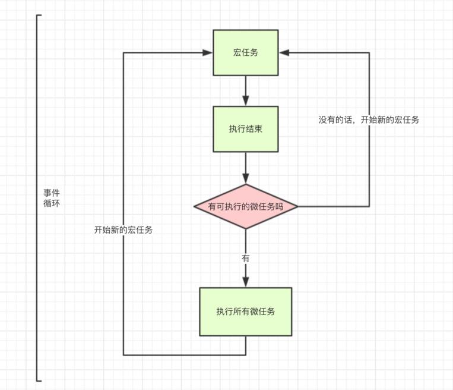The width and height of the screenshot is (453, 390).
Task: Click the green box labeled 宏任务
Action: click(x=246, y=53)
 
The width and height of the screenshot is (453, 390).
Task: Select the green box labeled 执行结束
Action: click(x=246, y=129)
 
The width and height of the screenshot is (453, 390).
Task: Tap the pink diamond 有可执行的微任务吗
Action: click(x=246, y=207)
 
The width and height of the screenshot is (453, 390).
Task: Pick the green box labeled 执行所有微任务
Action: click(x=246, y=312)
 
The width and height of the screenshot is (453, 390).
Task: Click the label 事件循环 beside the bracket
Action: click(x=51, y=198)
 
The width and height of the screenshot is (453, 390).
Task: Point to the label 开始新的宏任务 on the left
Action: click(x=123, y=230)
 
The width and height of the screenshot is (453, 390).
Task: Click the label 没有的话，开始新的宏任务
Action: click(x=369, y=119)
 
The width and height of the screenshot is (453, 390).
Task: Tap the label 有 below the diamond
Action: click(x=246, y=259)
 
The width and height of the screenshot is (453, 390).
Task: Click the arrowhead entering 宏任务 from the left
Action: click(x=208, y=53)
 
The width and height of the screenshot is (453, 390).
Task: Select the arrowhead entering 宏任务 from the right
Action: click(x=284, y=53)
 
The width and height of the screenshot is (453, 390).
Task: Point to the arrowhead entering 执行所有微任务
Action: click(x=246, y=282)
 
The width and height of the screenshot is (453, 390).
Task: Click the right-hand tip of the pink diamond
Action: click(x=297, y=207)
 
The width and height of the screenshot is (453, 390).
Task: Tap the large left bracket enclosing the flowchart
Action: click(x=37, y=198)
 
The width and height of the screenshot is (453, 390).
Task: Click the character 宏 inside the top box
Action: click(x=237, y=53)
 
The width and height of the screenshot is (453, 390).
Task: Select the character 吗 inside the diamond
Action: click(x=278, y=207)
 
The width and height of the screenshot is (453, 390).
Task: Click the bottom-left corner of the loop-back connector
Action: click(x=123, y=355)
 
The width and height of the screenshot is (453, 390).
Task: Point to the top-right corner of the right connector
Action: click(x=369, y=53)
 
